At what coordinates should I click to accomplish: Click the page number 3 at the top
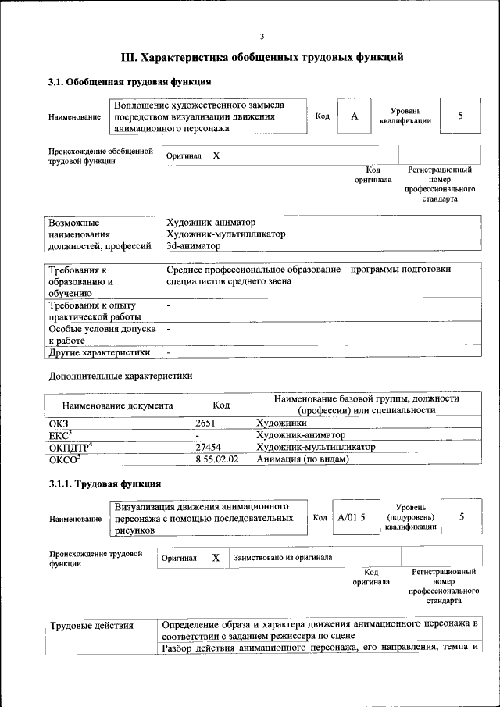[262, 36]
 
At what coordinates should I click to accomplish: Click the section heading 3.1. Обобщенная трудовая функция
[129, 82]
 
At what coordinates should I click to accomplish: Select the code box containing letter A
[354, 116]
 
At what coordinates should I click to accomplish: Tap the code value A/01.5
[352, 516]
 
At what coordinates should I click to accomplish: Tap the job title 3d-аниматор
[195, 245]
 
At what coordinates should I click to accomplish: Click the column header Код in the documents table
[221, 405]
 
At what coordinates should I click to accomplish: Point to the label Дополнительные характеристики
[120, 375]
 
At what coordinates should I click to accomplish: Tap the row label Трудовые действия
[91, 626]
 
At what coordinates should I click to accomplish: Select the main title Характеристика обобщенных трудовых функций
[262, 57]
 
